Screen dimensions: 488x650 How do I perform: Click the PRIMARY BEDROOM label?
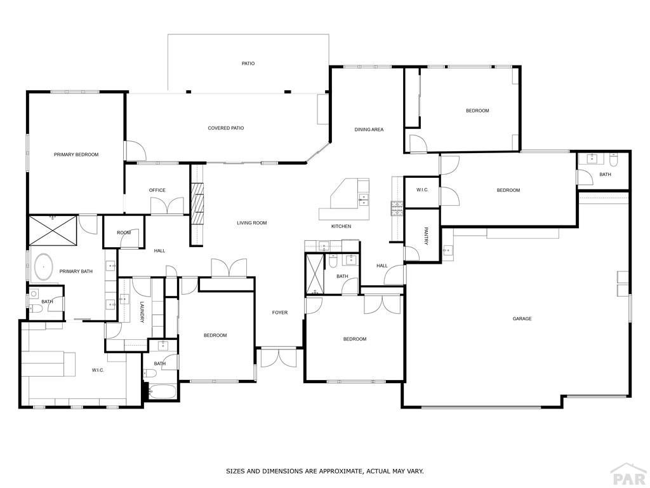76,154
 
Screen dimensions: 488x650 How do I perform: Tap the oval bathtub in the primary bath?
44,268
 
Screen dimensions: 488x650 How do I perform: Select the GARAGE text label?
522,319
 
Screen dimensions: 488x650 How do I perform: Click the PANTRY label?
426,235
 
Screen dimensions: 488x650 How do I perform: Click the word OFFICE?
157,190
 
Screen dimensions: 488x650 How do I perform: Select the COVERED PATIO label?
226,128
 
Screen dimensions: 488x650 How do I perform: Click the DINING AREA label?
369,130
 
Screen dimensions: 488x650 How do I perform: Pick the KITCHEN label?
341,226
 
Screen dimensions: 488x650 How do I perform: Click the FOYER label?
280,313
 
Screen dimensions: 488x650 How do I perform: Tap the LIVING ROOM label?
251,223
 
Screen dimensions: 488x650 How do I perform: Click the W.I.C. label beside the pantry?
423,190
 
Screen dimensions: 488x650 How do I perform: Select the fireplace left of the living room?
197,203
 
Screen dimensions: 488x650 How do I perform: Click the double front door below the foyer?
279,357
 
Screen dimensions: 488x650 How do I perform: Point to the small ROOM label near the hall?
124,233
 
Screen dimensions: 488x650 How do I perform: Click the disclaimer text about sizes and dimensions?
325,471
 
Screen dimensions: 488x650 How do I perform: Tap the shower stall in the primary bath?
53,230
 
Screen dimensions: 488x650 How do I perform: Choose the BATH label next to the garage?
605,174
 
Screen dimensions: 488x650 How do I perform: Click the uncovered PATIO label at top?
248,64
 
